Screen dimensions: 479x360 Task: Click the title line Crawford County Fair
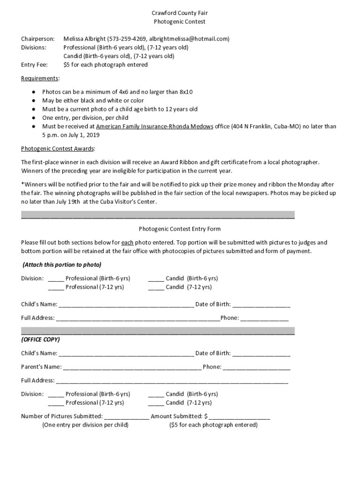(180, 13)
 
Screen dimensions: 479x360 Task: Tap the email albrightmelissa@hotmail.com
(189, 39)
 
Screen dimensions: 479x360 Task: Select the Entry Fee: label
(34, 65)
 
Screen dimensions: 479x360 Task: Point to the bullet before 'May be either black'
(34, 101)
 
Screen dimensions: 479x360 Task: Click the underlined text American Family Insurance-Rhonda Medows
(154, 126)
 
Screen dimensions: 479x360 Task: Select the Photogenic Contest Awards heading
(58, 149)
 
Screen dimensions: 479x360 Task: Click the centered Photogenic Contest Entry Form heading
(180, 229)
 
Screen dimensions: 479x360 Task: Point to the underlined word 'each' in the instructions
(127, 243)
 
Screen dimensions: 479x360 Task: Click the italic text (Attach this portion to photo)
(62, 265)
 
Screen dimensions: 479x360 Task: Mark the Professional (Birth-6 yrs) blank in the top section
(56, 279)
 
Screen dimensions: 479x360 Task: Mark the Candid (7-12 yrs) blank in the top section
(156, 288)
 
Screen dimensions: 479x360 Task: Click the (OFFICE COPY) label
(40, 340)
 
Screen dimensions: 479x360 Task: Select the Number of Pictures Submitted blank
(126, 417)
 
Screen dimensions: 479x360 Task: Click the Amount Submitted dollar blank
(239, 417)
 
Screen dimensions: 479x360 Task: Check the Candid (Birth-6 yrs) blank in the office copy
(156, 395)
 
